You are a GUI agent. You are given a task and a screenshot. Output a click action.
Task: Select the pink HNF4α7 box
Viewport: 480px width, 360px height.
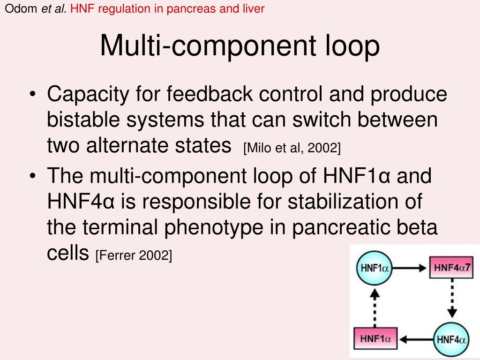pyautogui.click(x=452, y=269)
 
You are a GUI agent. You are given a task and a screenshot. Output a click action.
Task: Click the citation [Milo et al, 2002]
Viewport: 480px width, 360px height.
pyautogui.click(x=292, y=149)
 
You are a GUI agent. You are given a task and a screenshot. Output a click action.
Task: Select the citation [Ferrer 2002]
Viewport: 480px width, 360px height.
pyautogui.click(x=134, y=256)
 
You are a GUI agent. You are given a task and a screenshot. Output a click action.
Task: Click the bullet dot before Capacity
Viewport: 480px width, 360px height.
pyautogui.click(x=32, y=96)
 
